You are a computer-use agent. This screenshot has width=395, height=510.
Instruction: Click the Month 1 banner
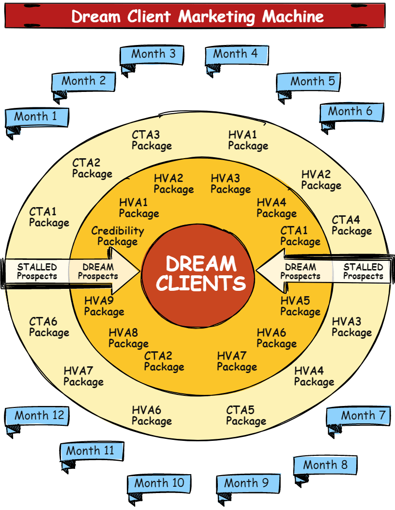click(x=37, y=117)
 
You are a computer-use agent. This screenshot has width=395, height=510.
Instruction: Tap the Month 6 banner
click(x=351, y=112)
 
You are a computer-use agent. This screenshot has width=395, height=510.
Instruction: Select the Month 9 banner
click(x=248, y=483)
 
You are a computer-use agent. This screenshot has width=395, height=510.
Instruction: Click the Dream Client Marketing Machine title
click(x=197, y=16)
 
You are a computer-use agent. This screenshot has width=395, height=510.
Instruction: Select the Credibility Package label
click(x=117, y=236)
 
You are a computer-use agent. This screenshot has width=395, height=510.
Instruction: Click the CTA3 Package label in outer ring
click(x=152, y=140)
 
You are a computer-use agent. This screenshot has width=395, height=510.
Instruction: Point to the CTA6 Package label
click(x=49, y=327)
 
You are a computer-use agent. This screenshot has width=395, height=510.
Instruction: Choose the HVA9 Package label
click(x=104, y=306)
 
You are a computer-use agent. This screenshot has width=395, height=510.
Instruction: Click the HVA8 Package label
click(x=128, y=338)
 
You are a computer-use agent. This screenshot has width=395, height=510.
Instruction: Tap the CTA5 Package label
click(x=246, y=416)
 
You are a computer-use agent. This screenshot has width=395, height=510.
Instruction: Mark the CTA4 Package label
click(x=351, y=225)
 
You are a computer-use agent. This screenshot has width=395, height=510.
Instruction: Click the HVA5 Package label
click(x=300, y=306)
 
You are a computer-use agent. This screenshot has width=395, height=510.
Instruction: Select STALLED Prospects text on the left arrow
click(x=37, y=271)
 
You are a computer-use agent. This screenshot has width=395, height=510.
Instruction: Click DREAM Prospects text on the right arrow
click(x=300, y=271)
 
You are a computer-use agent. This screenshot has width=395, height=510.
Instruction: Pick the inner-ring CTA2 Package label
click(x=164, y=361)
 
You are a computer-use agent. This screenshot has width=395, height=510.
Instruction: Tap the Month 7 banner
click(x=359, y=415)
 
